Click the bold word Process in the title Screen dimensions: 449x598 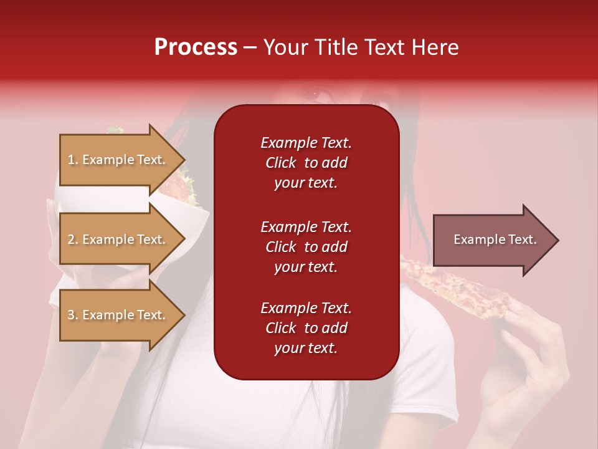click(x=196, y=47)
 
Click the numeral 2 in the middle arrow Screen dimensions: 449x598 click(x=71, y=239)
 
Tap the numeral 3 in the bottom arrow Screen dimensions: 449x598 click(x=71, y=315)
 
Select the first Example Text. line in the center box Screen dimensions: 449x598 click(x=306, y=143)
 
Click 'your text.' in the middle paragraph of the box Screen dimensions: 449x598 click(x=306, y=267)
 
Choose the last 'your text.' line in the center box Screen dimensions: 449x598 click(x=306, y=349)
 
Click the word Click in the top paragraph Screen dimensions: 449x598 click(x=280, y=163)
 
